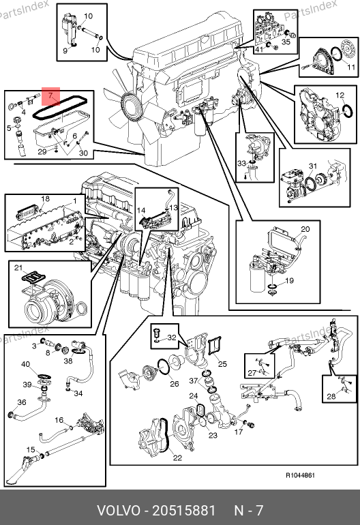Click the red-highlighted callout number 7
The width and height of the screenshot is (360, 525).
point(50,95)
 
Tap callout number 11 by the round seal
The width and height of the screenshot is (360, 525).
point(350,67)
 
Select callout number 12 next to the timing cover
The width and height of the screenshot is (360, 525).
point(340,95)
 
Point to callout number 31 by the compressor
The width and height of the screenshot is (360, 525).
point(313,166)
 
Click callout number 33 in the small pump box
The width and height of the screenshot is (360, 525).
point(242,163)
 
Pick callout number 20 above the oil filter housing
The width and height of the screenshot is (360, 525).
point(305,229)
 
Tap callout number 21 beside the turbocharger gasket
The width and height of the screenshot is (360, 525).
point(18,267)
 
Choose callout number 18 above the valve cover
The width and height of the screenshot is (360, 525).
point(45,199)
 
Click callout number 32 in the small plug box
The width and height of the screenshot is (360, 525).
point(171,337)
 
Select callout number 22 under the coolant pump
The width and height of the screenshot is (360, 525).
point(177,457)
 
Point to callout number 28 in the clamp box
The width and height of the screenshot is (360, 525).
point(331,396)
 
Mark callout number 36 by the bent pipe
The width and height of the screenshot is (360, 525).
point(21,402)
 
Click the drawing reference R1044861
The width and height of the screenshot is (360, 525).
point(300,475)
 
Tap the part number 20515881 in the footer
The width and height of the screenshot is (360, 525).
point(184,511)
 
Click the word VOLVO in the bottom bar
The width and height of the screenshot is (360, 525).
point(119,511)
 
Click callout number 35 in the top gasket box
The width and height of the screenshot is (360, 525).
point(286,42)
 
